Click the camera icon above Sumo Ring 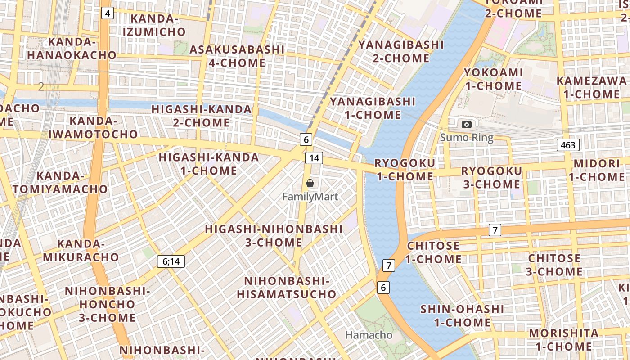pos(467,124)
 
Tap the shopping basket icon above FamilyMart pos(310,183)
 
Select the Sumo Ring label pos(467,138)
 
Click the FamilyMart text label pos(310,197)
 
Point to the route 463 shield pos(568,145)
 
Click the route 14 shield pos(314,157)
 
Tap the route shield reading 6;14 pos(171,261)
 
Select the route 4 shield pos(107,13)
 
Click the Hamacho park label pos(369,335)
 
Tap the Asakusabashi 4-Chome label pos(237,56)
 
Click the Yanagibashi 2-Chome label pos(401,51)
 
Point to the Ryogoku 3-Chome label pos(491,177)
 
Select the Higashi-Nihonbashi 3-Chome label pos(274,235)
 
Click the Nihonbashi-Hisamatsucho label pos(287,288)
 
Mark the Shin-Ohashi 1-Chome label pos(462,315)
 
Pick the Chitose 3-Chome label pos(554,265)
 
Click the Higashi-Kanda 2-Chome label pos(201,116)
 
